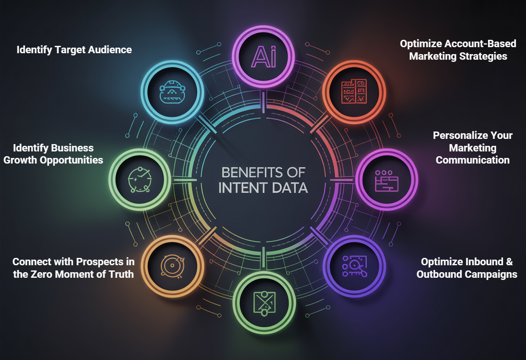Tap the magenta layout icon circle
[386, 179]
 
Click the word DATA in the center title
[292, 188]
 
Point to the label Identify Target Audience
[74, 50]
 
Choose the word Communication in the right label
[472, 160]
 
